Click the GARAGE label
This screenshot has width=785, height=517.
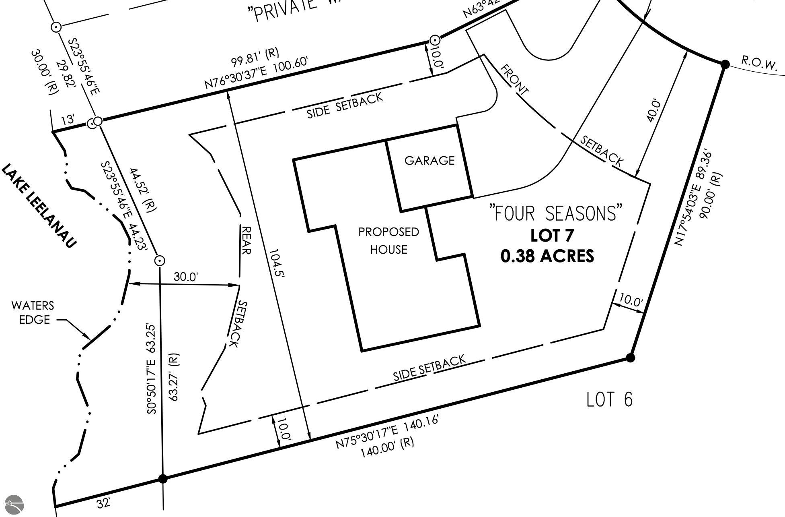(429, 161)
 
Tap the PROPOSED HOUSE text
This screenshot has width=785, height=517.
(388, 241)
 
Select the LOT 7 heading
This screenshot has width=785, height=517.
(551, 236)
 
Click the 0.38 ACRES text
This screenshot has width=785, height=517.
(547, 256)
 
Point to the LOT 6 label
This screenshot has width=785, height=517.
(609, 399)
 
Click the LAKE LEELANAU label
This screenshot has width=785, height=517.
(39, 205)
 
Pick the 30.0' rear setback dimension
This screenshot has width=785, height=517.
(186, 277)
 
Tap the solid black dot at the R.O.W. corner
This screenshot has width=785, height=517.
(725, 64)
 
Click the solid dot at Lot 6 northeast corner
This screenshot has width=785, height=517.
(631, 358)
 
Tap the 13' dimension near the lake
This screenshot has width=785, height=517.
(68, 119)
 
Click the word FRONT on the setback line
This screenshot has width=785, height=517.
(514, 80)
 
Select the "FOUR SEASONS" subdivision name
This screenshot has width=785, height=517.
(555, 213)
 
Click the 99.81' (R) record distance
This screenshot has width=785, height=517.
(255, 57)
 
